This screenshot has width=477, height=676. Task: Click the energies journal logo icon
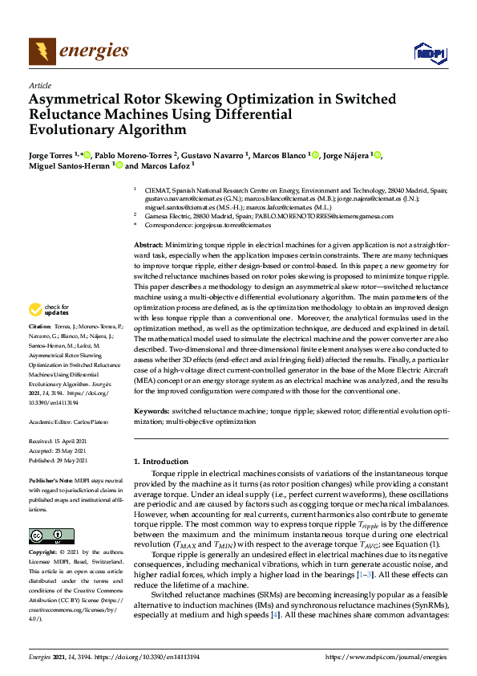pyautogui.click(x=42, y=52)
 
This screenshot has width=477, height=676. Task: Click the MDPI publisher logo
pyautogui.click(x=429, y=53)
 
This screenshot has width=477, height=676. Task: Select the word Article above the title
pyautogui.click(x=39, y=85)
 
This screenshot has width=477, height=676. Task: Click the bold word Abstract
pyautogui.click(x=148, y=244)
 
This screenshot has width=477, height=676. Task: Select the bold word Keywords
pyautogui.click(x=151, y=410)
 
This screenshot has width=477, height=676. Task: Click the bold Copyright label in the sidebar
pyautogui.click(x=45, y=553)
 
